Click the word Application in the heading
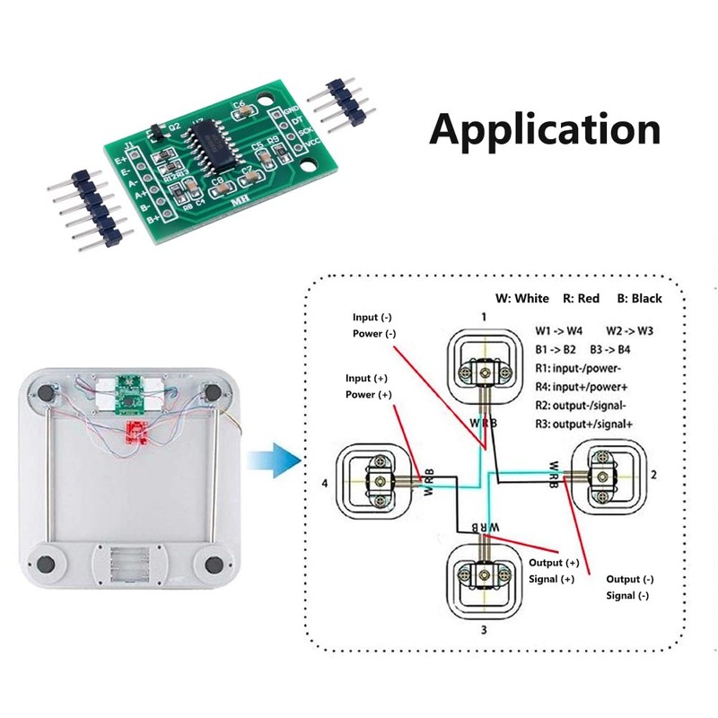[x=545, y=129]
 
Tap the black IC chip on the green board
[x=210, y=138]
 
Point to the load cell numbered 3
[x=483, y=575]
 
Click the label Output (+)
[x=554, y=563]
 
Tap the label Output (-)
[x=630, y=579]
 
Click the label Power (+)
[x=368, y=395]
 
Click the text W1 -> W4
[x=558, y=330]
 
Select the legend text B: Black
[x=638, y=298]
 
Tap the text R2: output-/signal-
[x=585, y=405]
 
